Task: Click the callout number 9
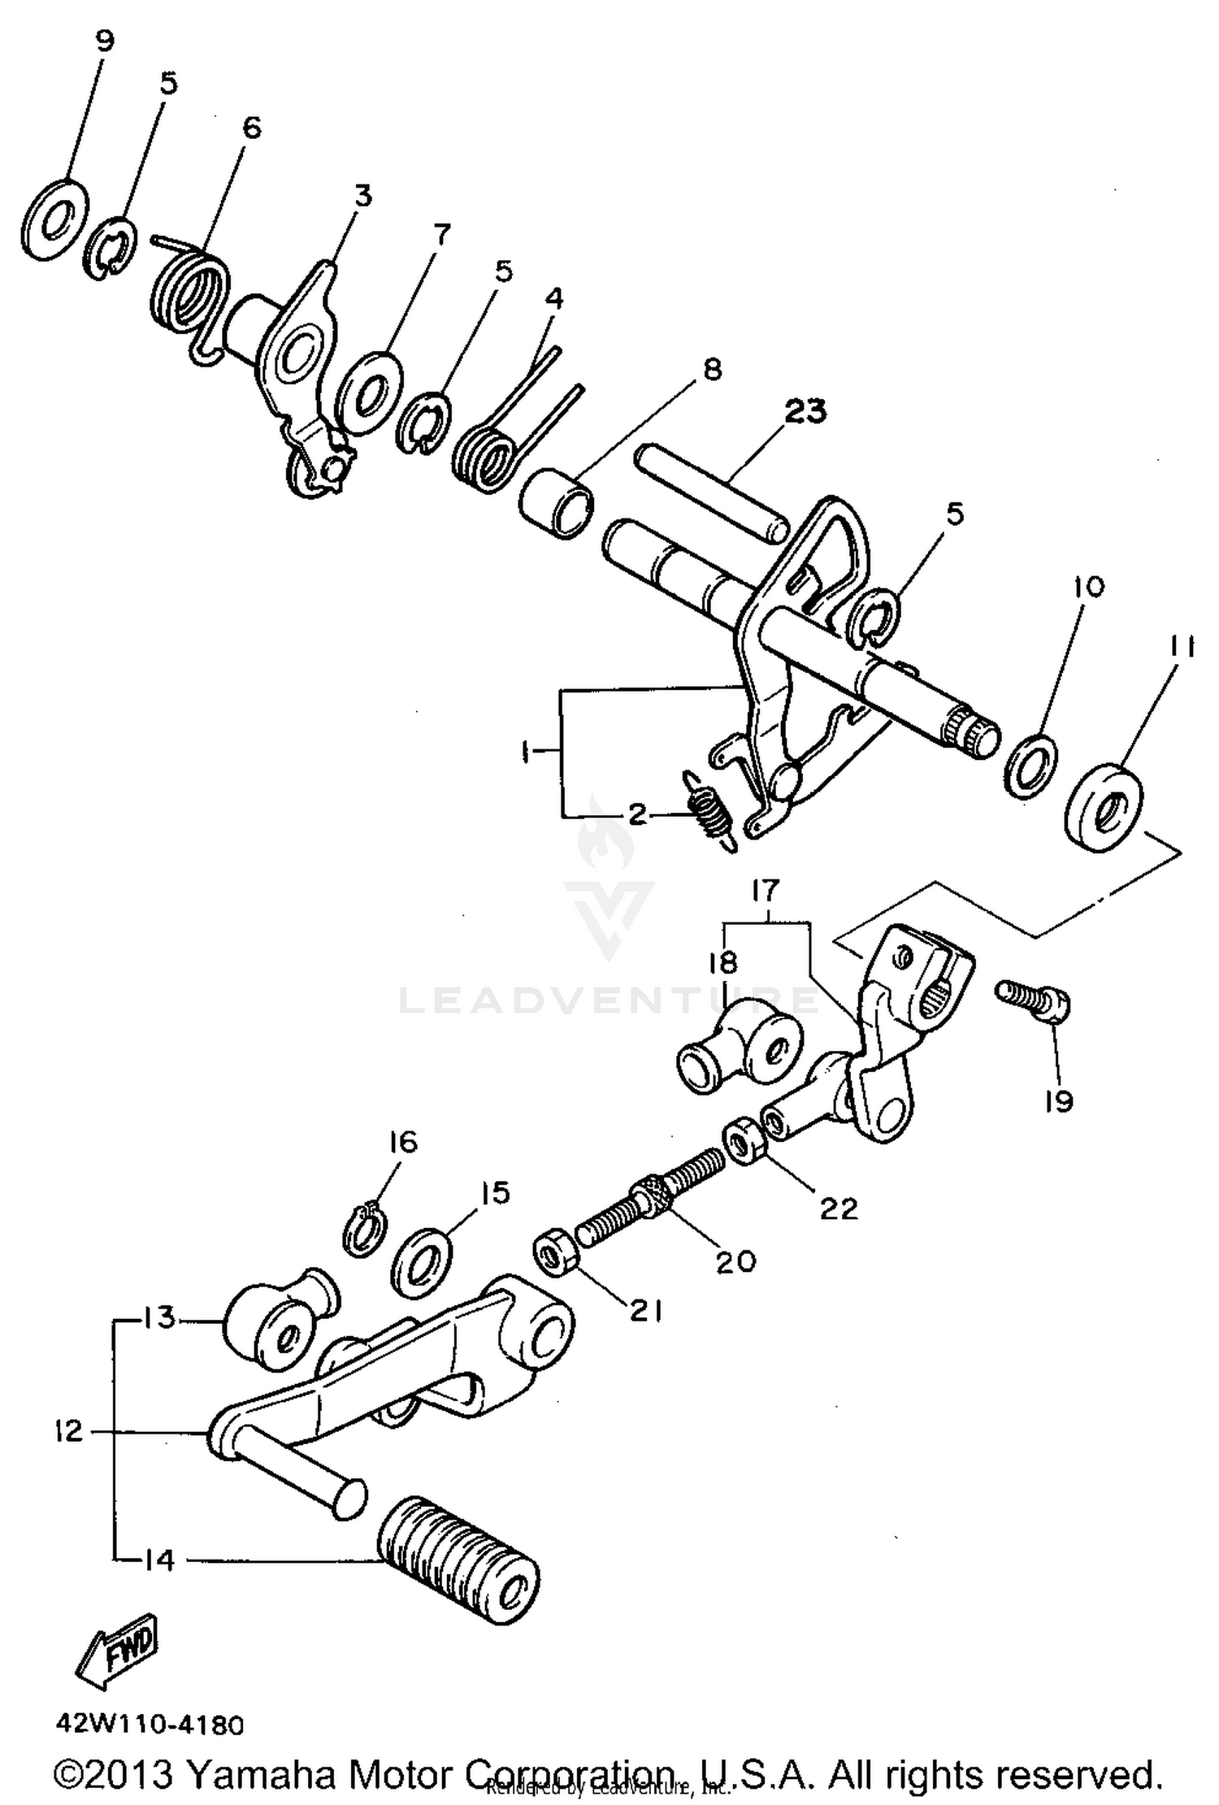[105, 41]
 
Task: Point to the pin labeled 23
[711, 493]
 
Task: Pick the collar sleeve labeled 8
[557, 505]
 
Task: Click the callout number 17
[765, 892]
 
